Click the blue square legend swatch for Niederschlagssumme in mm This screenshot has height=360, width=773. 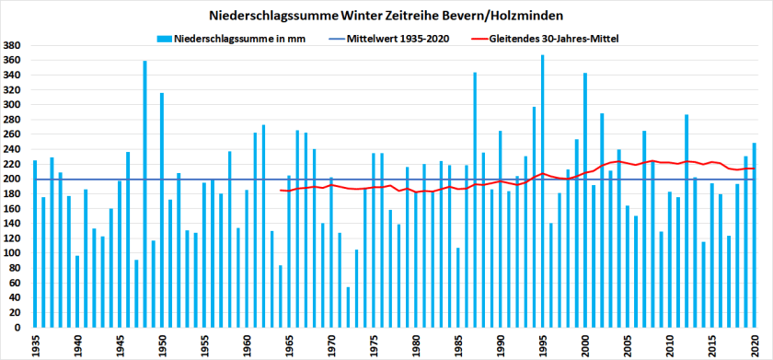click(x=164, y=39)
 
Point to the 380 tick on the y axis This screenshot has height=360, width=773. click(x=13, y=45)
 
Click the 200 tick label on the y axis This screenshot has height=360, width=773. click(x=13, y=179)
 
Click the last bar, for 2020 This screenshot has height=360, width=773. click(x=755, y=236)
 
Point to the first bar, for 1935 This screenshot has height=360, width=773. click(x=35, y=244)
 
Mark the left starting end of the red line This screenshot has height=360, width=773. click(x=281, y=191)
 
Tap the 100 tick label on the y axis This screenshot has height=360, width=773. click(x=13, y=253)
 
